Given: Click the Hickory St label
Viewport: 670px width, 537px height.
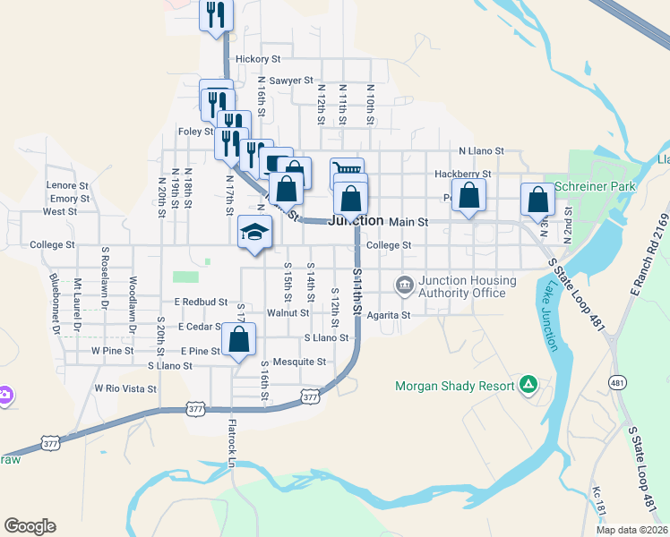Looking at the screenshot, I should click(258, 59).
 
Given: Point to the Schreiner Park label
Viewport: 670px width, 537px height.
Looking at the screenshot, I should click(595, 186).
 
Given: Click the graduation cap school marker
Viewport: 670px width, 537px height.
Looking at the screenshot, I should click(255, 233).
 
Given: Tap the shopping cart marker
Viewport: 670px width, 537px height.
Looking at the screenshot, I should click(347, 167).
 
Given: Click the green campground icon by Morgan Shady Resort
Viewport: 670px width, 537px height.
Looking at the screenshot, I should click(529, 385).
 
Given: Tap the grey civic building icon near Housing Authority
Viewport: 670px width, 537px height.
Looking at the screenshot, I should click(404, 285).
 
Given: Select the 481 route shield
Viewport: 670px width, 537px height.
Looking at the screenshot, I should click(617, 383).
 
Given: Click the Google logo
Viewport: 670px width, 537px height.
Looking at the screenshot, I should click(30, 526).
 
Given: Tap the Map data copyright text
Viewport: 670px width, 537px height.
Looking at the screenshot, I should click(631, 530).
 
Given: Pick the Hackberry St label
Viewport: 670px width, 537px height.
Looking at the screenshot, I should click(462, 174).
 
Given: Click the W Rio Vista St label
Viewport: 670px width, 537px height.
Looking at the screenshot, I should click(125, 389).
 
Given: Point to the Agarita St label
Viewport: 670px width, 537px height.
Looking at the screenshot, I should click(388, 315).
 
